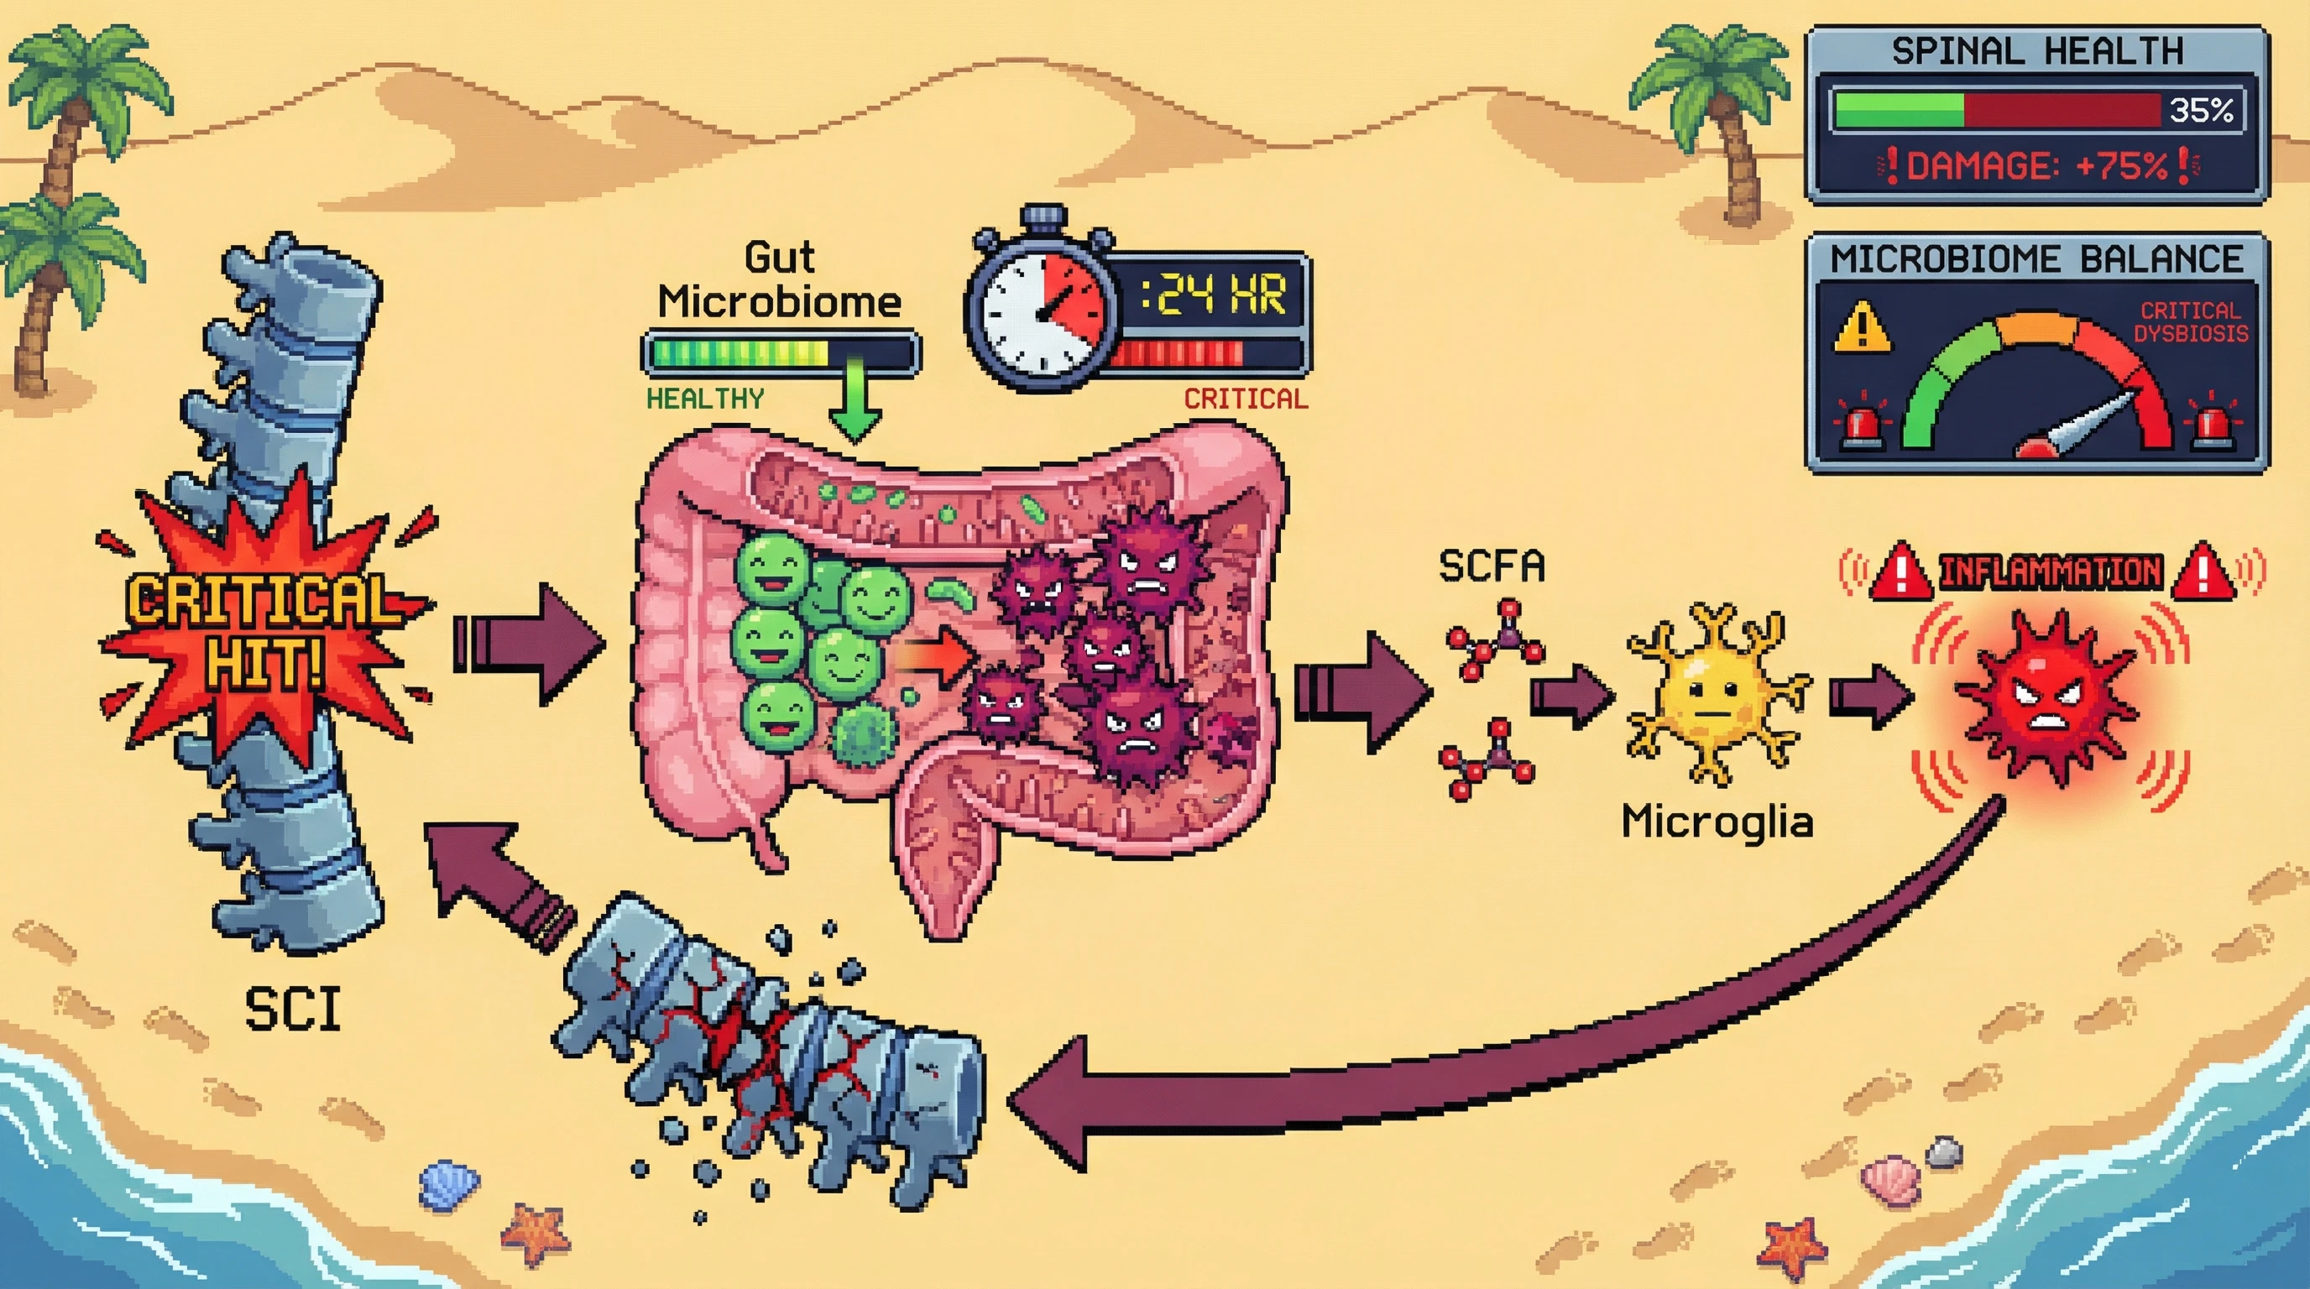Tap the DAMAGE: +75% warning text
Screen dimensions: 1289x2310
[x=2036, y=166]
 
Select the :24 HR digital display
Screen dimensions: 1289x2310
[x=1213, y=295]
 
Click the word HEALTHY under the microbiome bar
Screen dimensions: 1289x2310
[x=705, y=399]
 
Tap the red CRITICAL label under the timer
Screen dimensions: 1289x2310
[x=1245, y=399]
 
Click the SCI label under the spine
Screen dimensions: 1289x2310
[x=292, y=1010]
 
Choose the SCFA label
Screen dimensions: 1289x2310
[x=1492, y=566]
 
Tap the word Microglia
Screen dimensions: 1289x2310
[x=1717, y=822]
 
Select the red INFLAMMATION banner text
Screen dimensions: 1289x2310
[x=2050, y=571]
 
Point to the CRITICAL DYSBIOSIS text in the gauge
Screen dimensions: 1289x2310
[x=2190, y=321]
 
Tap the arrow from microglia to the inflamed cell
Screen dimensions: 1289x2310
[x=1868, y=697]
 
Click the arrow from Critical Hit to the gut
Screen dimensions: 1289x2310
[x=529, y=644]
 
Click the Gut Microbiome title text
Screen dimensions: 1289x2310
[x=778, y=279]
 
